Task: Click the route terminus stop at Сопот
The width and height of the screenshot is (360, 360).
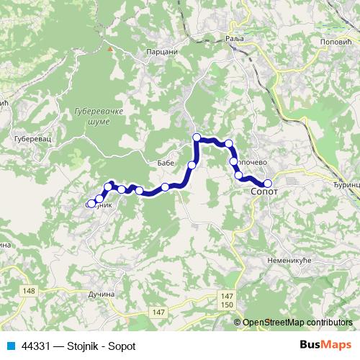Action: pyautogui.click(x=268, y=183)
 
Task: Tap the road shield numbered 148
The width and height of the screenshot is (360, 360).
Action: pyautogui.click(x=29, y=291)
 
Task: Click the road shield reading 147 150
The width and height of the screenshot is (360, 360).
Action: pyautogui.click(x=228, y=301)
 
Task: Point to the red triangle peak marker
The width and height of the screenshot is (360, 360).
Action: pyautogui.click(x=109, y=50)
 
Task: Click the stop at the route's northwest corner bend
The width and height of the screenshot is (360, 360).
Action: pyautogui.click(x=197, y=136)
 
